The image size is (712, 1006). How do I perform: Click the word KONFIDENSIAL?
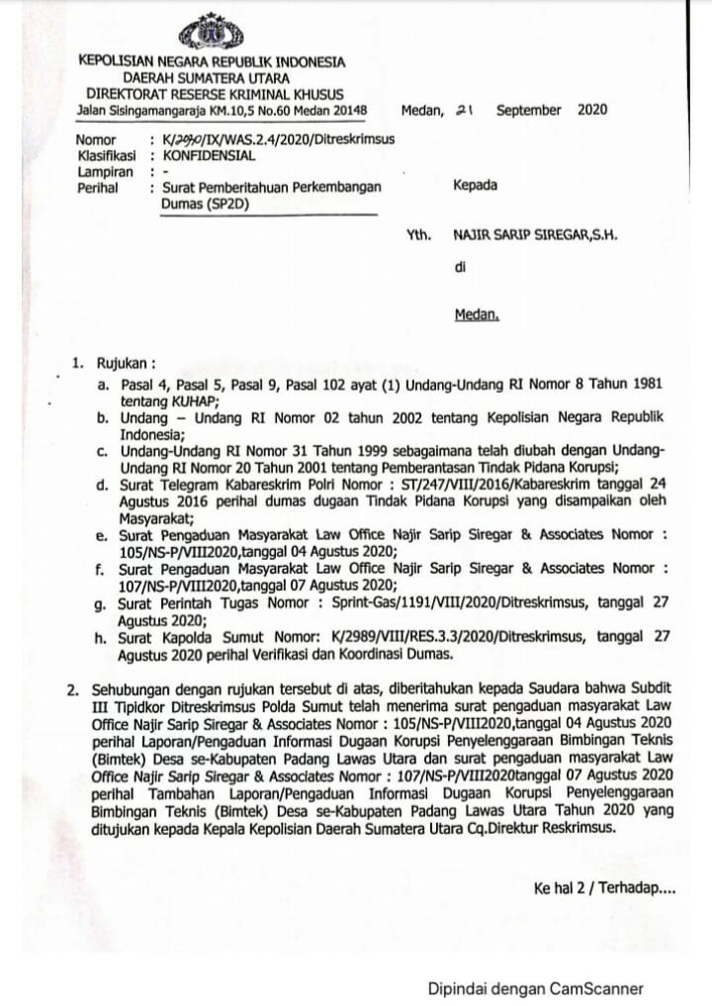[x=209, y=155]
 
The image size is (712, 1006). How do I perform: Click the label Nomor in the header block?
[x=96, y=140]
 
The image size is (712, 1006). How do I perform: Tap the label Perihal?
[x=99, y=186]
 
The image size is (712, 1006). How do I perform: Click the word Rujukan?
[x=120, y=362]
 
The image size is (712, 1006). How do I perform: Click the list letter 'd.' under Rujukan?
[x=101, y=485]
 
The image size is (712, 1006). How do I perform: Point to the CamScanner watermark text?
[x=535, y=987]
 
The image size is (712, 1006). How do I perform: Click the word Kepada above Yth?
[x=475, y=185]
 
